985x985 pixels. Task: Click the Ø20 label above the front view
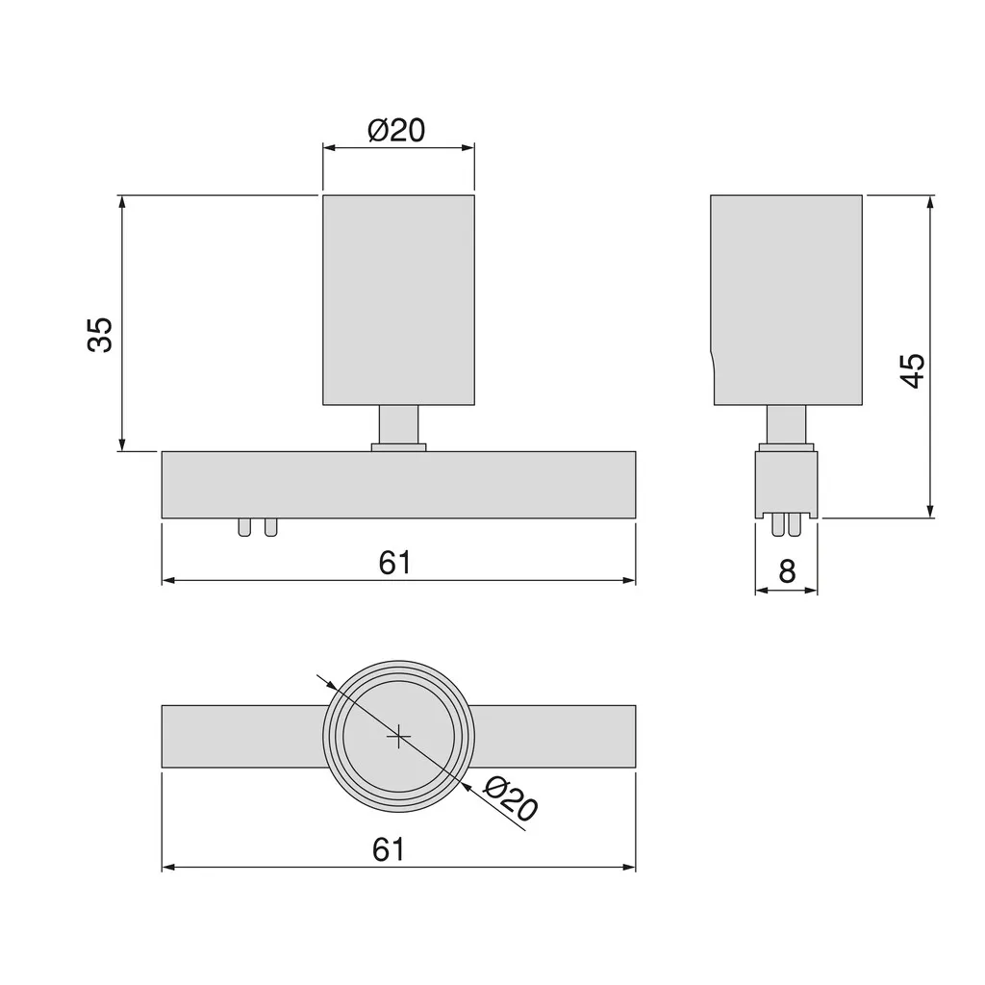[396, 130]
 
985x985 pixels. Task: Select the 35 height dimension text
[100, 334]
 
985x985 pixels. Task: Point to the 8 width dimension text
[787, 571]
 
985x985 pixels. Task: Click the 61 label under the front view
[395, 563]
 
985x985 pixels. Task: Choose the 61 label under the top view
[389, 849]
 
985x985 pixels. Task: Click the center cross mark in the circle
[398, 736]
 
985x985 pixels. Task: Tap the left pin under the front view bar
[244, 527]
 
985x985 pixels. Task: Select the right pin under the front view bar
[270, 527]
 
